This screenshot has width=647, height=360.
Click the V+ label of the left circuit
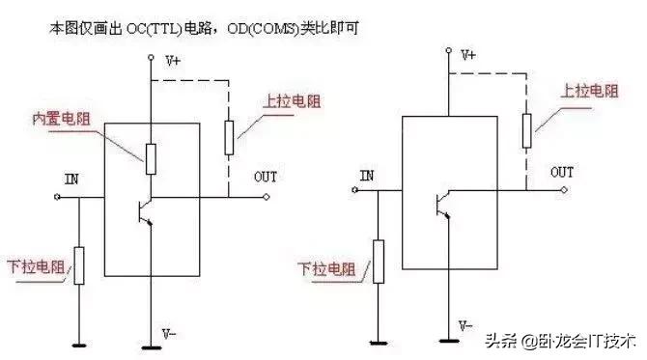coord(173,60)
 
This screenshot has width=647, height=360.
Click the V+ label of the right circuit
coord(469,56)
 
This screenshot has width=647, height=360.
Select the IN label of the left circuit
coord(71,180)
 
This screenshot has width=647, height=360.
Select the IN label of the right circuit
coord(366,176)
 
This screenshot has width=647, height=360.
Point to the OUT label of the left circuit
coord(265,177)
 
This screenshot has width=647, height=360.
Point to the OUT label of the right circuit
coord(562,172)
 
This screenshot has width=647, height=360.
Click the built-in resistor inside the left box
coord(151,157)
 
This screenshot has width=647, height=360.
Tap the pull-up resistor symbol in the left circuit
coord(228,137)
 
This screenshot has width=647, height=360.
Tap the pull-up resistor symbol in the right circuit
coord(525,130)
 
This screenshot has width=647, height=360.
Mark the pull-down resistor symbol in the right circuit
coord(375,259)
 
